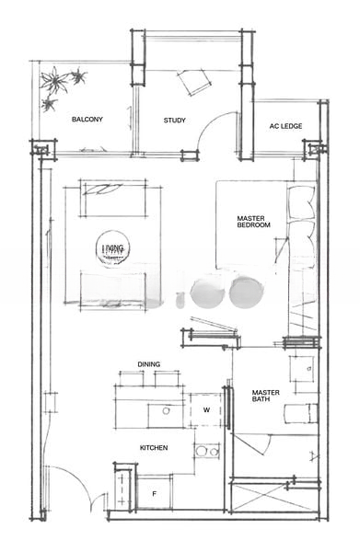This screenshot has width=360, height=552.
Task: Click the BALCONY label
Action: click(87, 120)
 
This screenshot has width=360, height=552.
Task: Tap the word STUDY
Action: click(175, 121)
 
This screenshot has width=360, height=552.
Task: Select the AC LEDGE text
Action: click(285, 126)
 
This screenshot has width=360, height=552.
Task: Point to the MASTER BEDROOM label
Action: click(252, 221)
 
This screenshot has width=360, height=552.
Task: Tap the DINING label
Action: click(148, 364)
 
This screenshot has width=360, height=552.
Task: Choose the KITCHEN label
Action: click(153, 447)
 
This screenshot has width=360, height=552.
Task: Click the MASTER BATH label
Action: click(266, 397)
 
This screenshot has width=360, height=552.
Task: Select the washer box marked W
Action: click(206, 409)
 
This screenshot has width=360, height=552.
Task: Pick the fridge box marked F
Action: click(155, 493)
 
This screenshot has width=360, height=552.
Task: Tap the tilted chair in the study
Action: click(195, 83)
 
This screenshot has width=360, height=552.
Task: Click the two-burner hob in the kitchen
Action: click(208, 451)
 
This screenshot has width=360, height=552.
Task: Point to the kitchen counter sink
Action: click(167, 410)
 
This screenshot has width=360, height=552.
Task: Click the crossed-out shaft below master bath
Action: click(276, 497)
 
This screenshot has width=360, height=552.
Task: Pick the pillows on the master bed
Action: click(301, 225)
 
